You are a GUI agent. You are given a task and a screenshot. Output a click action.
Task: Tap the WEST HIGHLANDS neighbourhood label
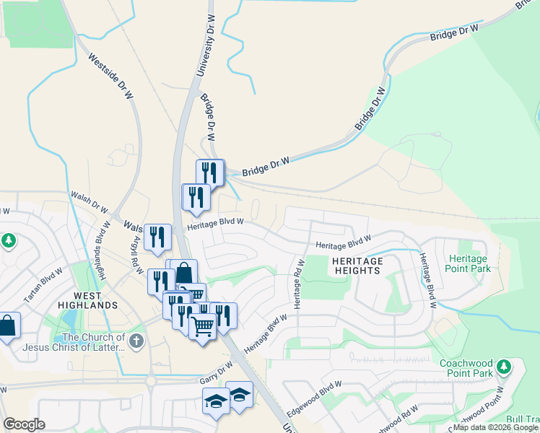click(x=86, y=299)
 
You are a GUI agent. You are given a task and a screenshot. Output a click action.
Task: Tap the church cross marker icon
click(x=137, y=339)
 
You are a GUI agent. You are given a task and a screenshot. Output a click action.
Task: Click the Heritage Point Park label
click(x=469, y=263)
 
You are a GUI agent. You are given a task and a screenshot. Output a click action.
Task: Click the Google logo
click(x=24, y=424)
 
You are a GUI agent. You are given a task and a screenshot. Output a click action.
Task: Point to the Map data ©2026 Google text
click(x=495, y=428)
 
